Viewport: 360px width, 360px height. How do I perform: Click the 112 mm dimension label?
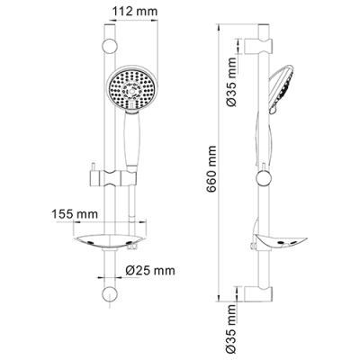click(135, 12)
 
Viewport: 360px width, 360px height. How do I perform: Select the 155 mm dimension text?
click(75, 214)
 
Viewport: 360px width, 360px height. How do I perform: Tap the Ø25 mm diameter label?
click(150, 271)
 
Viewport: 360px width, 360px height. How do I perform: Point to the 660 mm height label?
click(211, 169)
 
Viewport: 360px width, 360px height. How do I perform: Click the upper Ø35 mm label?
click(231, 83)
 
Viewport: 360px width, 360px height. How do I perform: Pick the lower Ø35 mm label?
click(231, 329)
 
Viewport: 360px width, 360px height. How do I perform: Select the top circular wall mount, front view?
click(109, 47)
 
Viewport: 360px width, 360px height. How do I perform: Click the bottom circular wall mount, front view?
click(109, 294)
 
